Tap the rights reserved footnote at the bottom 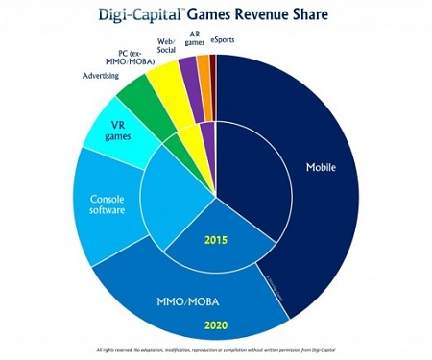point(216,348)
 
